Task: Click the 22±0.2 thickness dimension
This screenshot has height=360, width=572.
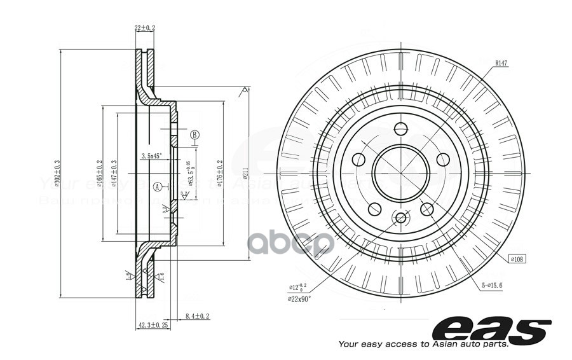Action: pos(145,28)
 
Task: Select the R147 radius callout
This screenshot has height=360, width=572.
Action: pos(504,63)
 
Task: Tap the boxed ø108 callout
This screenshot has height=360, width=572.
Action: pos(519,259)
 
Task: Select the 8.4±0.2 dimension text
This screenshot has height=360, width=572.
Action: pos(197,316)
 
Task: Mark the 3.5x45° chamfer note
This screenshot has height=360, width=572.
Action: pos(151,155)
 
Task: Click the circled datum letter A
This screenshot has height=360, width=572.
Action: pos(157,186)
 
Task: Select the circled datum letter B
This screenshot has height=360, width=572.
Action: pos(195,134)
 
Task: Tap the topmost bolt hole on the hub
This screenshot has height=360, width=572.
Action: pos(400,128)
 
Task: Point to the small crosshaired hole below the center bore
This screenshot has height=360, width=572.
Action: pos(400,219)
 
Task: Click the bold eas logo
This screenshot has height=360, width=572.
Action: pos(491,328)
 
